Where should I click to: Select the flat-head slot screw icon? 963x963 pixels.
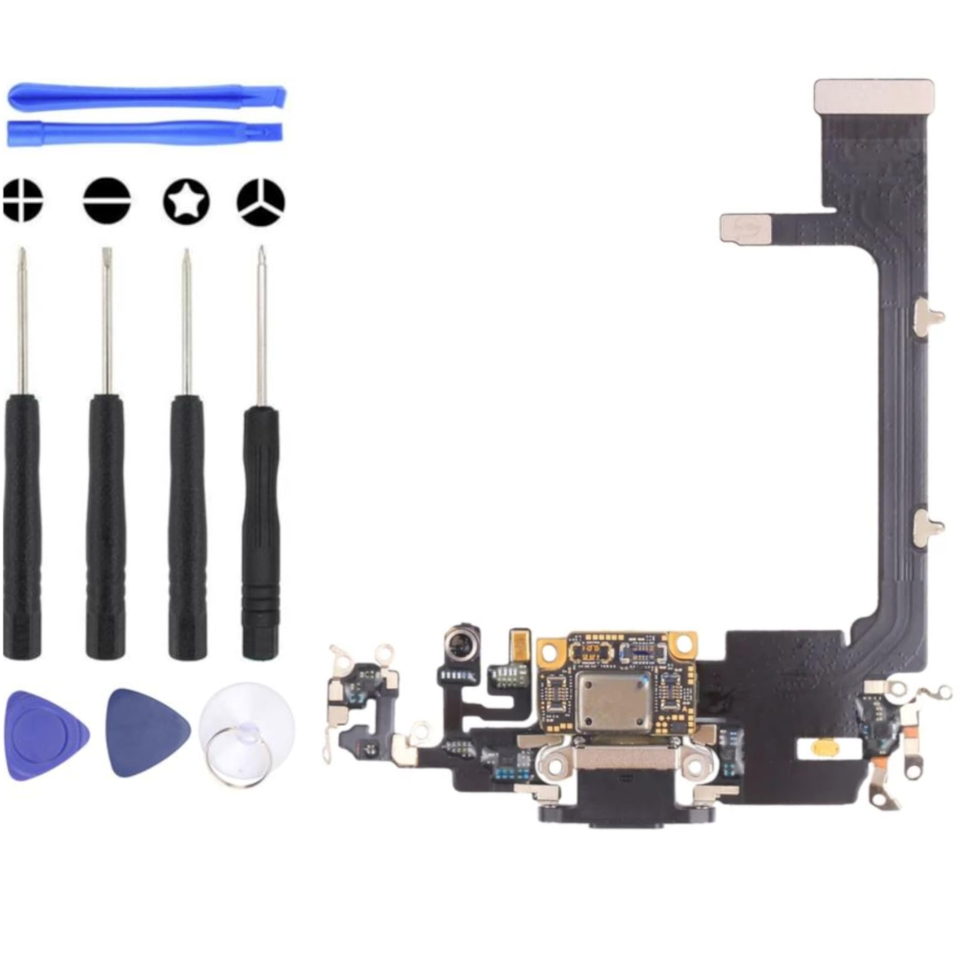107,201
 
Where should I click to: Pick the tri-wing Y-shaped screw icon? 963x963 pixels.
261,201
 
